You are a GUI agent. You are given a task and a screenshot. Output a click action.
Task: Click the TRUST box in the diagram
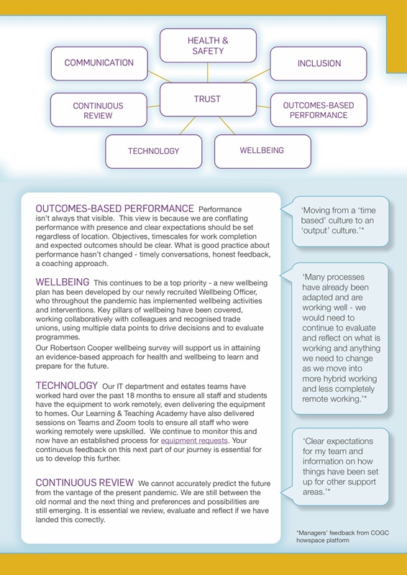click(x=207, y=100)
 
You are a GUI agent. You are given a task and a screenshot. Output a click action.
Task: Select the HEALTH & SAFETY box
click(x=207, y=46)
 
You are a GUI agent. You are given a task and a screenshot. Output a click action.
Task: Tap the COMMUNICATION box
click(x=99, y=63)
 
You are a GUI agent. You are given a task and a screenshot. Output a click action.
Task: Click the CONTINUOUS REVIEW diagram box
click(x=98, y=110)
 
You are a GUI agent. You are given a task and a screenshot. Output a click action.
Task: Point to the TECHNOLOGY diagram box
click(x=153, y=151)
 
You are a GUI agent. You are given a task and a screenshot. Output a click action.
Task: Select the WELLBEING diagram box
click(x=262, y=151)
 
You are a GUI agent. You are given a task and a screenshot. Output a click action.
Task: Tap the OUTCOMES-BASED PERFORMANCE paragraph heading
click(x=115, y=208)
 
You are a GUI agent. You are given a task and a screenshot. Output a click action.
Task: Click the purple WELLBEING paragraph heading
click(x=63, y=282)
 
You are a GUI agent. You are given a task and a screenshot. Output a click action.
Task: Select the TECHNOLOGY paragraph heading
click(x=68, y=386)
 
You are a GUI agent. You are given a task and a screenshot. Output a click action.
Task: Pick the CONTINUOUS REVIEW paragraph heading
click(x=84, y=482)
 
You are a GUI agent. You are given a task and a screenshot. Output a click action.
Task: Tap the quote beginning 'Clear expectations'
click(x=337, y=466)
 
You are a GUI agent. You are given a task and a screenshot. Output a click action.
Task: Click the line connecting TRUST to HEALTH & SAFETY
click(x=207, y=72)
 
